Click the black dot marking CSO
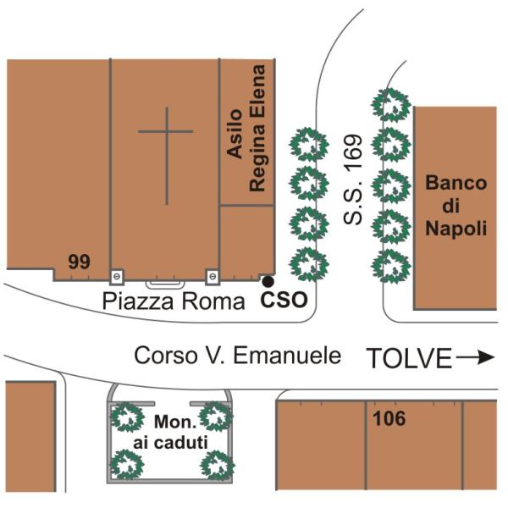pyautogui.click(x=268, y=282)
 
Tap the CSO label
pyautogui.click(x=284, y=300)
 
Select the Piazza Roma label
pyautogui.click(x=174, y=302)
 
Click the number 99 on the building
pyautogui.click(x=79, y=262)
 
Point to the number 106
pyautogui.click(x=389, y=418)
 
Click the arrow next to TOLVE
pyautogui.click(x=475, y=357)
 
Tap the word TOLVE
pyautogui.click(x=409, y=358)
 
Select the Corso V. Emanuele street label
pyautogui.click(x=238, y=356)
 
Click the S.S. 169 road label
pyautogui.click(x=352, y=179)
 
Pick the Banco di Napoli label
pyautogui.click(x=456, y=206)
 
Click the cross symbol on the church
pyautogui.click(x=166, y=156)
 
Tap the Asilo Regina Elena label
pyautogui.click(x=246, y=129)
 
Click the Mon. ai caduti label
pyautogui.click(x=170, y=432)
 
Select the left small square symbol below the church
pyautogui.click(x=117, y=277)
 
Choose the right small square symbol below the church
pyautogui.click(x=213, y=277)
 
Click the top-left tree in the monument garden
pyautogui.click(x=127, y=417)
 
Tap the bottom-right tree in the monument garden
pyautogui.click(x=218, y=466)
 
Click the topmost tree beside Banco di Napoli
pyautogui.click(x=391, y=105)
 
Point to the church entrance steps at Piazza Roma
pyautogui.click(x=165, y=284)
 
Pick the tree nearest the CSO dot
pyautogui.click(x=309, y=264)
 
